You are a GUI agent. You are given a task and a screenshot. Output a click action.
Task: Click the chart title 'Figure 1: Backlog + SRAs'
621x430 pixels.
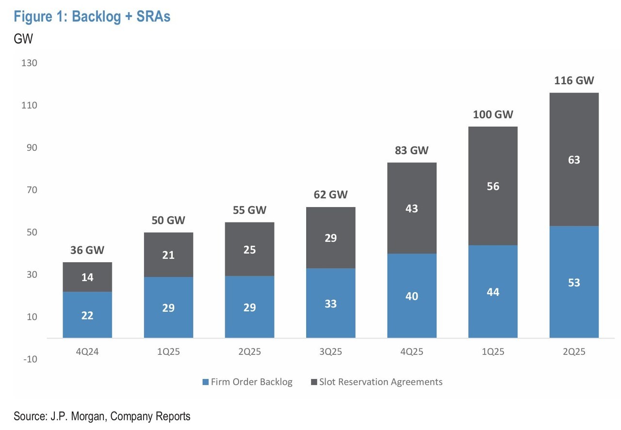[x=92, y=16]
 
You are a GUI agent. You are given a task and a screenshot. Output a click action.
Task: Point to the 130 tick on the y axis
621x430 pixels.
[x=29, y=63]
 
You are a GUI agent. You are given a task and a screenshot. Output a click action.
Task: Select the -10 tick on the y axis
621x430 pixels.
[x=30, y=359]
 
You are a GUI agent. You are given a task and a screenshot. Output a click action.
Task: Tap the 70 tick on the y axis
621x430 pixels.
[x=32, y=190]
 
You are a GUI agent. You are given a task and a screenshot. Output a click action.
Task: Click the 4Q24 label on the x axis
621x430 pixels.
[x=87, y=351]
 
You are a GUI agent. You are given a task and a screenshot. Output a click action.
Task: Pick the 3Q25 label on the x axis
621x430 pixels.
[x=331, y=351]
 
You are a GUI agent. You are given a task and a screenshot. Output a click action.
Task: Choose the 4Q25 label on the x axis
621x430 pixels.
[x=412, y=351]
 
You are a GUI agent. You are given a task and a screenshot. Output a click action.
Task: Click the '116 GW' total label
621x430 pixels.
[x=574, y=80]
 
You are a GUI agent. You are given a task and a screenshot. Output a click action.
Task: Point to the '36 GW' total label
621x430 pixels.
[x=87, y=250]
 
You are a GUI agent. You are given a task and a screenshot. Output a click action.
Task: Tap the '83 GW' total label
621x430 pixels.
[x=412, y=150]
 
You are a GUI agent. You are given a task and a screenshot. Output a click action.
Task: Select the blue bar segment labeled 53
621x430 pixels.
[x=574, y=282]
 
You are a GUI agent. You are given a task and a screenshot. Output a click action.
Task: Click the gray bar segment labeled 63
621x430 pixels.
[x=574, y=159]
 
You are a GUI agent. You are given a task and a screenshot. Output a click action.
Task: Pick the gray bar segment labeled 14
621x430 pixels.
[x=87, y=277]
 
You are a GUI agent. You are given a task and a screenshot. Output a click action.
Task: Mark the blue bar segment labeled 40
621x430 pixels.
[x=412, y=296]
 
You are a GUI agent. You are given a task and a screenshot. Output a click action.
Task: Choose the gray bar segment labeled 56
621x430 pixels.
[x=493, y=186]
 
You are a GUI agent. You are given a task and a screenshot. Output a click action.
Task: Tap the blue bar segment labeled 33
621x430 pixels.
[x=331, y=303]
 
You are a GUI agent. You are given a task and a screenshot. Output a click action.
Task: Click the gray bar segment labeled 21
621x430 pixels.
[x=168, y=255]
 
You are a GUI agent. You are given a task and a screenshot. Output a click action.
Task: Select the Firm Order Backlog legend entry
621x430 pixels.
[x=247, y=382]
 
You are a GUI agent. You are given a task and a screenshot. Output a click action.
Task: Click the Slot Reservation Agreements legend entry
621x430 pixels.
[x=377, y=382]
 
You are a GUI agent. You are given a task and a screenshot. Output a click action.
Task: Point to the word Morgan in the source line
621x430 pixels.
[x=88, y=416]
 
